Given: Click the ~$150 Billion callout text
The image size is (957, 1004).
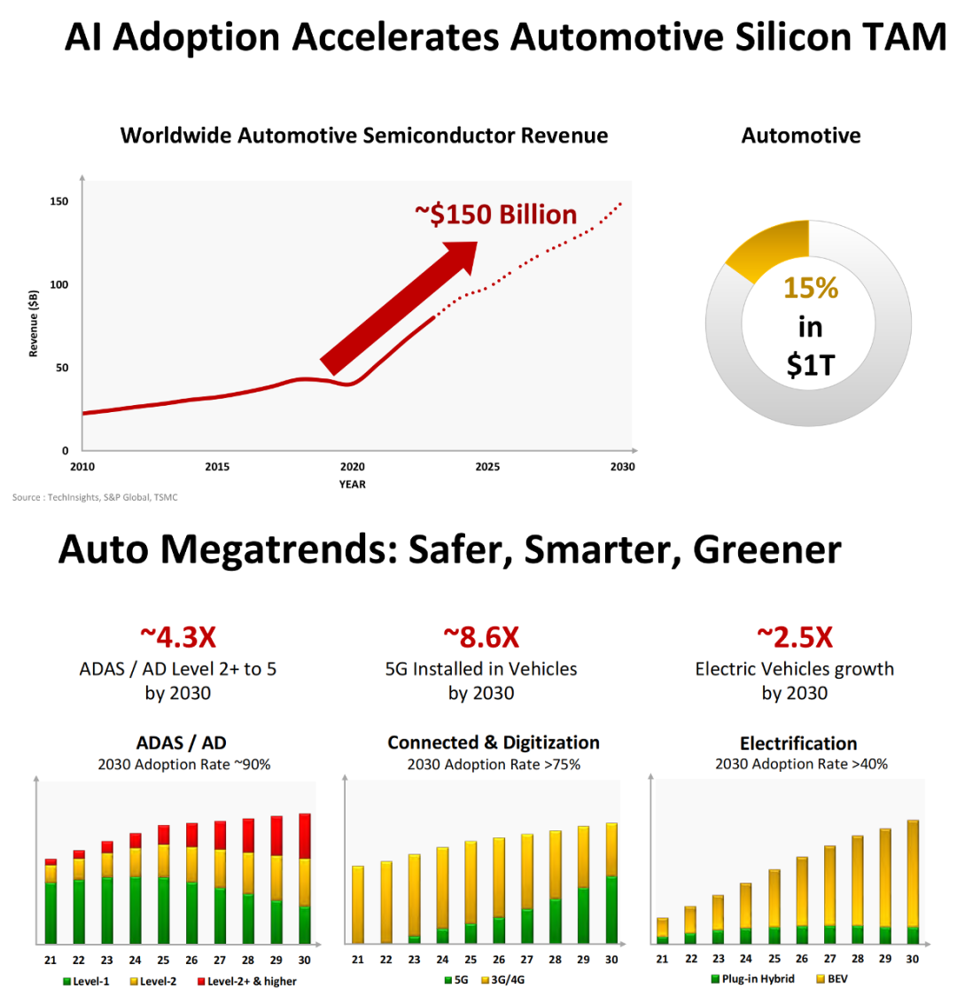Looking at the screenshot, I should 495,214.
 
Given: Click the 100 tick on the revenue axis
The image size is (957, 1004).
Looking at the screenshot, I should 58,284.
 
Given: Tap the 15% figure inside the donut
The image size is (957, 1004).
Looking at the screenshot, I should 810,289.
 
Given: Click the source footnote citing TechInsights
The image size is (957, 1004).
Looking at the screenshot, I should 95,497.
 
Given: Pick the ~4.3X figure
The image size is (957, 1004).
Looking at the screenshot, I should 177,637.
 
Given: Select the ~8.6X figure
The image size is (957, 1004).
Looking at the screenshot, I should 480,637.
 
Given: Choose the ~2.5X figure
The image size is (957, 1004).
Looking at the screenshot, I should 794,637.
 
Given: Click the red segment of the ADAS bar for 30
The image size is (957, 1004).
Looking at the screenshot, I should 305,836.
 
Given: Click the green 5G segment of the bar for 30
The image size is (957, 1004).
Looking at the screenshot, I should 611,909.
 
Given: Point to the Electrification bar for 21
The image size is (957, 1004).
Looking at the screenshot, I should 662,930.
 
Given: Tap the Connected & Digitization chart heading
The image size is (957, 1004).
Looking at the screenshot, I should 494,743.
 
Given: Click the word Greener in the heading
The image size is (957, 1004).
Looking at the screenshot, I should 766,550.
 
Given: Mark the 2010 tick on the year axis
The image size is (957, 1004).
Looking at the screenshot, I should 82,467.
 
